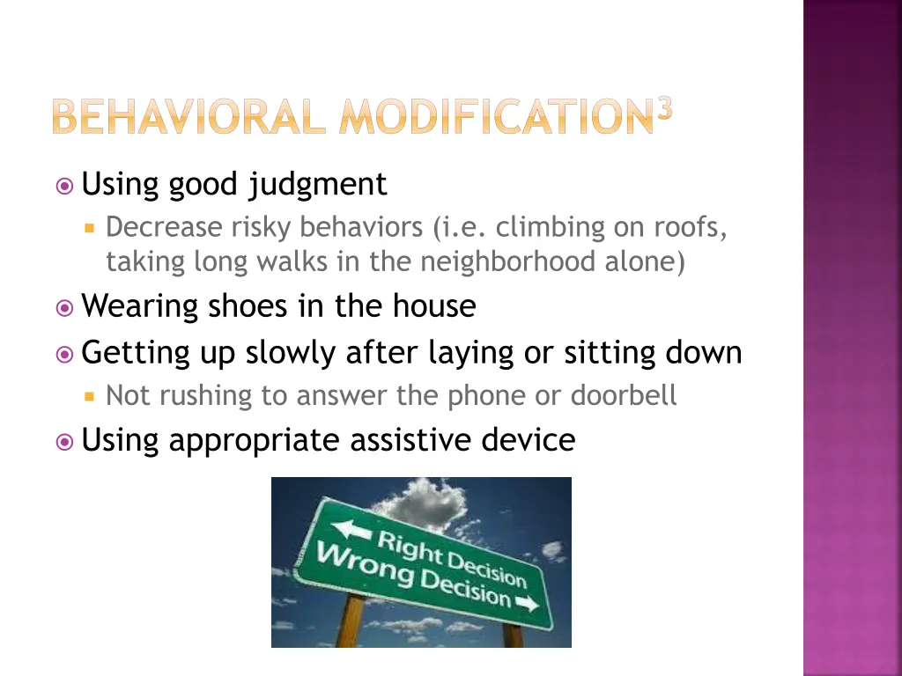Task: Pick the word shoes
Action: pos(239,306)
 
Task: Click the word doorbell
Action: pos(624,395)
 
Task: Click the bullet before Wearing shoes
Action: pos(63,307)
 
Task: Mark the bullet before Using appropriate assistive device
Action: pos(63,439)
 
